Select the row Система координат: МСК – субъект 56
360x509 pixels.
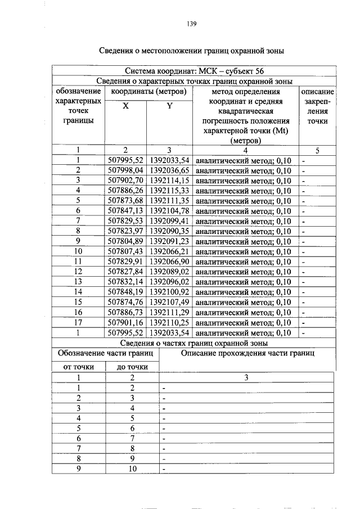click(194, 71)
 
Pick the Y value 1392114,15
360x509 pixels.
click(170, 181)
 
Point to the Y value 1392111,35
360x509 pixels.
click(170, 201)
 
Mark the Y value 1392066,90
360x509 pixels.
click(170, 262)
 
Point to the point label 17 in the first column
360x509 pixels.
click(79, 322)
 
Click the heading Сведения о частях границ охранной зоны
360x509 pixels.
click(194, 343)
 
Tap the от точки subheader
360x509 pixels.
click(79, 367)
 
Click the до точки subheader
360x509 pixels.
click(132, 367)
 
